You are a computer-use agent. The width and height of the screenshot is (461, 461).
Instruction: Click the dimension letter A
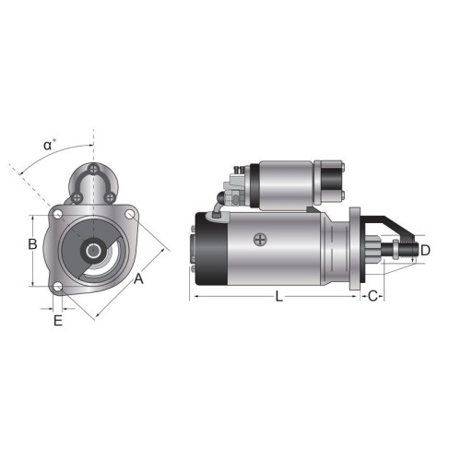coord(138,278)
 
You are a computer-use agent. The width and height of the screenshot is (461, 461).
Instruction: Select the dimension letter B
coord(32,244)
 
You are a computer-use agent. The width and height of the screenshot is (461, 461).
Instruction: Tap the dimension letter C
coord(372,296)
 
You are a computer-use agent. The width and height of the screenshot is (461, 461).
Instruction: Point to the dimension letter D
coord(425,251)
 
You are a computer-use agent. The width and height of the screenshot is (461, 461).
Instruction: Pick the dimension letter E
coord(58,321)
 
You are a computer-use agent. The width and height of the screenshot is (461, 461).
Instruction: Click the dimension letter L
coord(278,297)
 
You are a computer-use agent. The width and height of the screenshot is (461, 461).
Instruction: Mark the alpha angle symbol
coord(48,146)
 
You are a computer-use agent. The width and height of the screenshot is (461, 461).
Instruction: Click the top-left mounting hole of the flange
coord(57,214)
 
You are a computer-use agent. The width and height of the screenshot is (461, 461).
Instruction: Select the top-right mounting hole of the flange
coord(130,214)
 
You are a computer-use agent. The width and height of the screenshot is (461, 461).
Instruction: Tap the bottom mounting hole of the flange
coord(57,288)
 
